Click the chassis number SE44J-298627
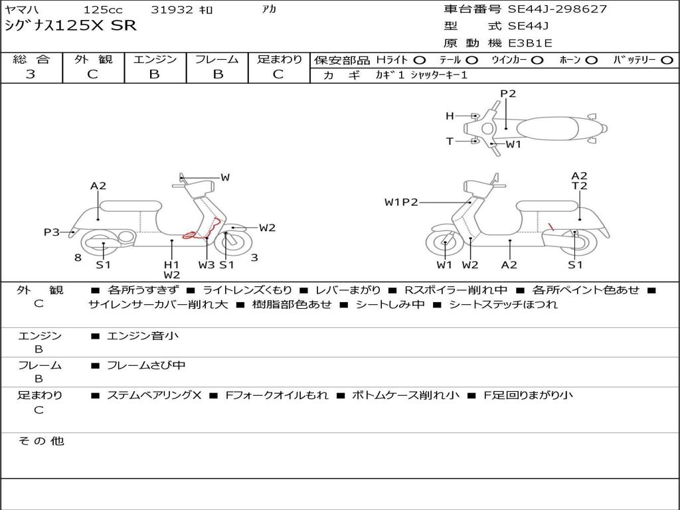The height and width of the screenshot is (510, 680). click(557, 9)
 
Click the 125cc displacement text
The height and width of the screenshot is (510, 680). click(103, 9)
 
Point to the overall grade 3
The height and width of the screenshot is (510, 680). click(31, 74)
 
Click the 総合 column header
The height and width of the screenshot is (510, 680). click(31, 59)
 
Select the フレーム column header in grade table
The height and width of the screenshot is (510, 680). click(217, 59)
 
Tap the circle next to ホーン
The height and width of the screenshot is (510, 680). click(592, 60)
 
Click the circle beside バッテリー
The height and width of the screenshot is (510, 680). click(667, 60)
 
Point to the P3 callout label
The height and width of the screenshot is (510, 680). click(52, 232)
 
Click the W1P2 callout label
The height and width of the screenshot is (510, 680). click(401, 202)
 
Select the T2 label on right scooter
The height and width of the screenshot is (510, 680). click(579, 186)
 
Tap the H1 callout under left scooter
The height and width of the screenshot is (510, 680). click(171, 264)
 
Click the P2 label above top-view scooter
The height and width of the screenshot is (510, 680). click(508, 94)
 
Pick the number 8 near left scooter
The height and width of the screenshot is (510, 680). click(78, 258)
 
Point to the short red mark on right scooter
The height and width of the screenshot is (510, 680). click(551, 227)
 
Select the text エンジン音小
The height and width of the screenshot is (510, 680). click(143, 335)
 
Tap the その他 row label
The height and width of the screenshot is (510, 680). click(41, 441)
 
